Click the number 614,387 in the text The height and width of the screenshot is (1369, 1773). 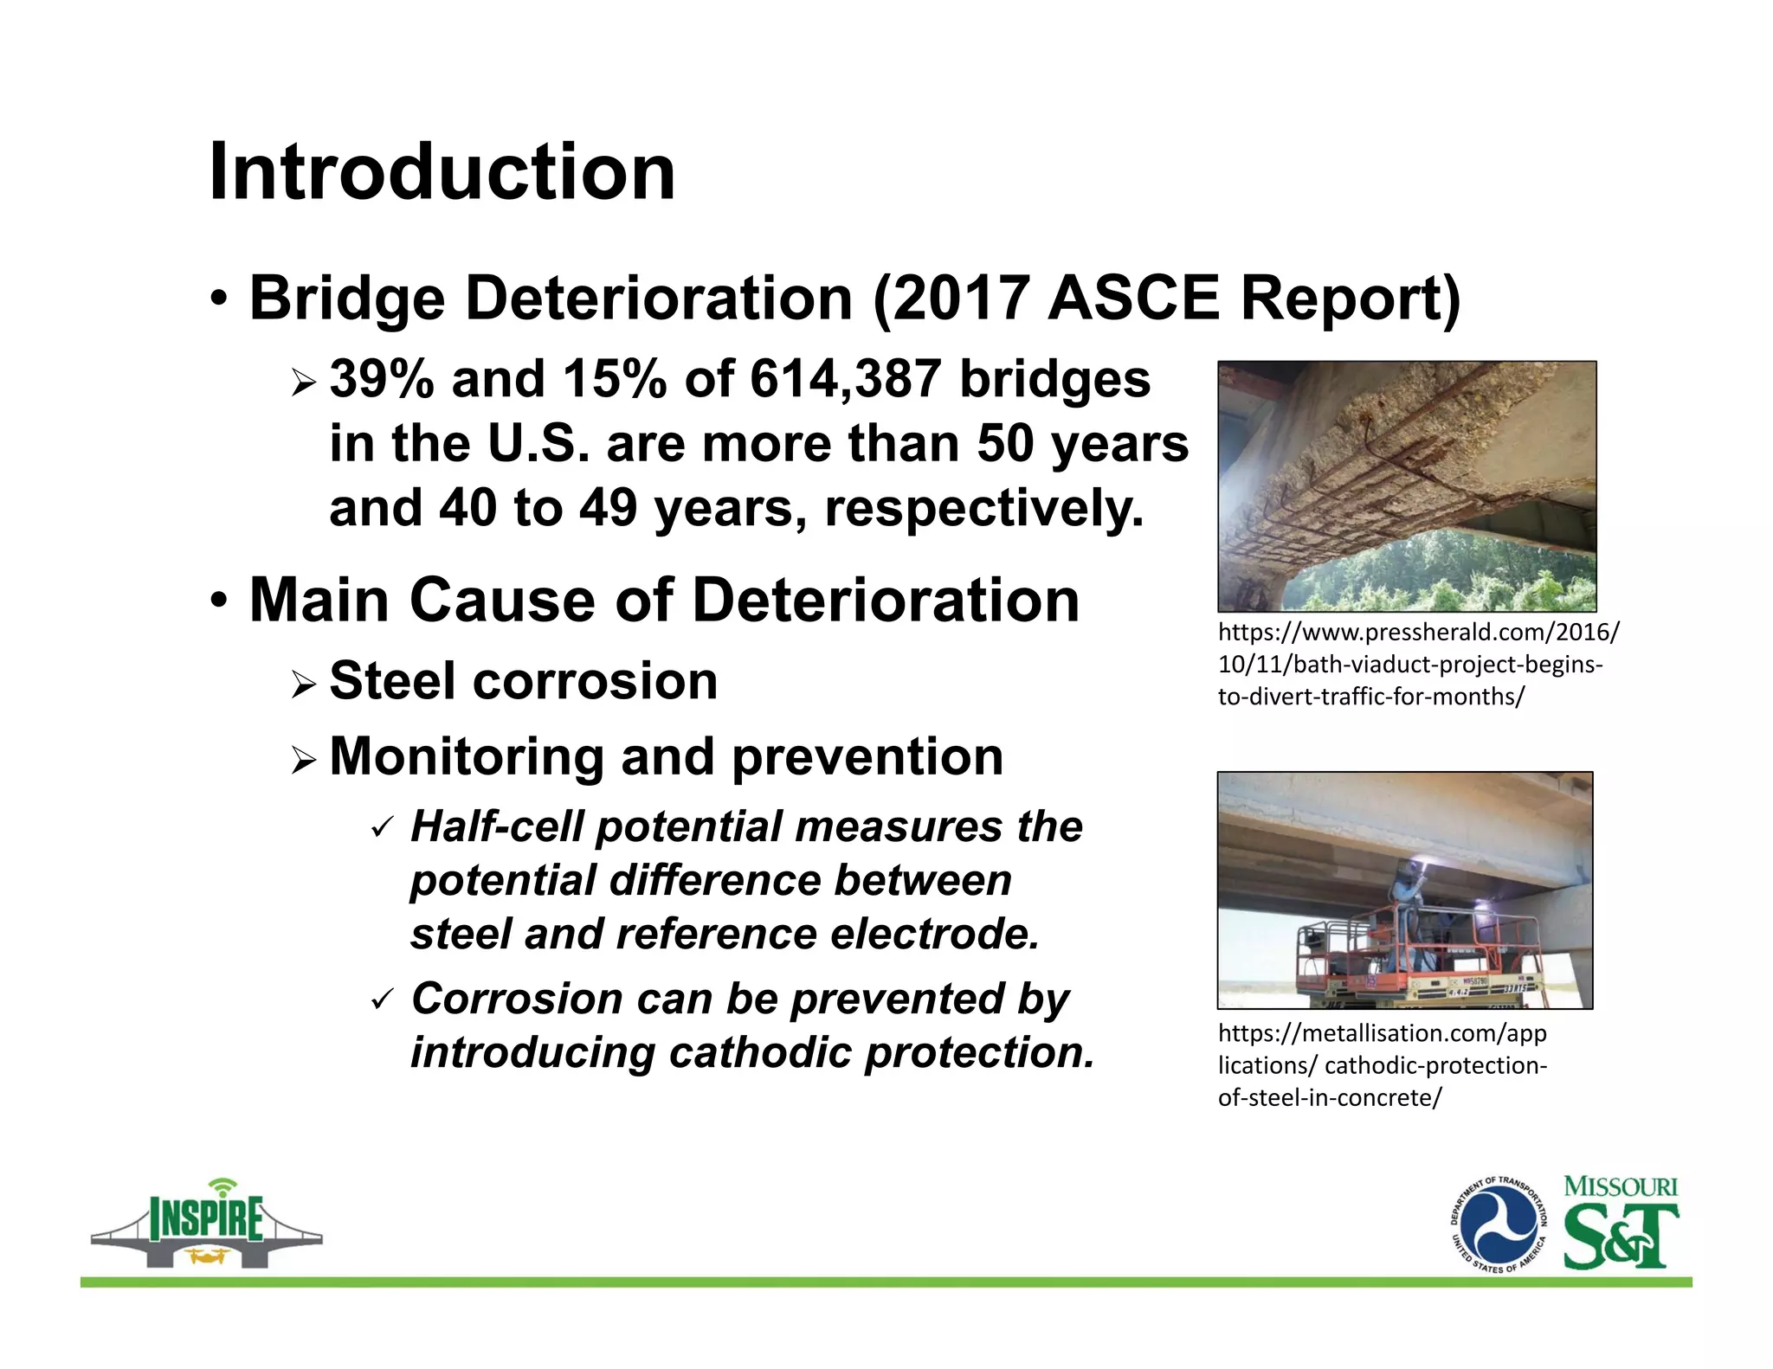[x=844, y=379]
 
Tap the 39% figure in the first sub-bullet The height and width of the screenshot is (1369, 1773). [x=381, y=379]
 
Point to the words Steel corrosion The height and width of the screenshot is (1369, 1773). [x=524, y=681]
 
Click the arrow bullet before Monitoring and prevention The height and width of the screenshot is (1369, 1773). [x=305, y=761]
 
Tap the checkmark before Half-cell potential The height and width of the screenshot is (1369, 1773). [x=381, y=828]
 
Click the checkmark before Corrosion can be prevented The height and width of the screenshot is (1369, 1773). [x=381, y=1000]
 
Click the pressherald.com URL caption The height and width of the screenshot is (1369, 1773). [x=1416, y=664]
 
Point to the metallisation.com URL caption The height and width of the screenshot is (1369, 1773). [x=1382, y=1065]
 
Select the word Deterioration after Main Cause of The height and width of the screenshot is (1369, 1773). [x=886, y=600]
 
